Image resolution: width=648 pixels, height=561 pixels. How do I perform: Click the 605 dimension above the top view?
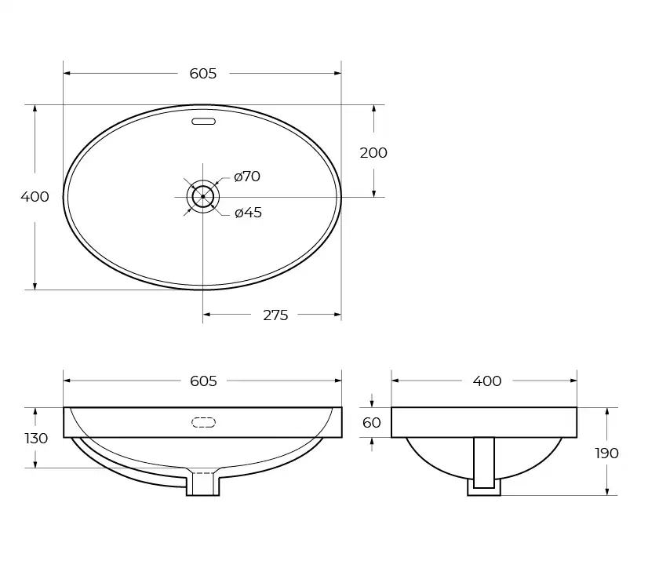(x=202, y=74)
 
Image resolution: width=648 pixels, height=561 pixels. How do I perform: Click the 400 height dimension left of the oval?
(x=35, y=197)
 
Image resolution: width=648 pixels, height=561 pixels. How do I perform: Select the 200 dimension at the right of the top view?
(x=373, y=153)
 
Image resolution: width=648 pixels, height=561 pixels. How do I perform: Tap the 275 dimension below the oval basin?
(x=275, y=315)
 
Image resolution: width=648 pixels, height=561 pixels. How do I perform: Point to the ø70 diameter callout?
(x=247, y=177)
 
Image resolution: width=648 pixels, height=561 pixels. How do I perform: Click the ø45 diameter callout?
(x=248, y=213)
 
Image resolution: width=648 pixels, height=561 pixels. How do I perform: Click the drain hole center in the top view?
(x=202, y=196)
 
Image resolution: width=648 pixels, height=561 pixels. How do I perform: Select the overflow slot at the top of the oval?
(x=203, y=122)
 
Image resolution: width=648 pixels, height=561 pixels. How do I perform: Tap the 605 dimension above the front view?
(x=202, y=381)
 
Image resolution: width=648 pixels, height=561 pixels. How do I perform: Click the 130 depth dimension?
(x=36, y=438)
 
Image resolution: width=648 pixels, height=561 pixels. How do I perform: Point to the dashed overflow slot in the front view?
(x=203, y=423)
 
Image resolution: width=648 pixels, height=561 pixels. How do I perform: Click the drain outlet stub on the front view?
(x=203, y=484)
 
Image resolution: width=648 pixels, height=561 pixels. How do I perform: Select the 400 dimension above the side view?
(x=486, y=381)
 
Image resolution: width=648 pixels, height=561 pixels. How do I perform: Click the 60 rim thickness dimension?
(x=372, y=423)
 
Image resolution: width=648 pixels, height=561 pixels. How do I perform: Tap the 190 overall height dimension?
(x=606, y=453)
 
